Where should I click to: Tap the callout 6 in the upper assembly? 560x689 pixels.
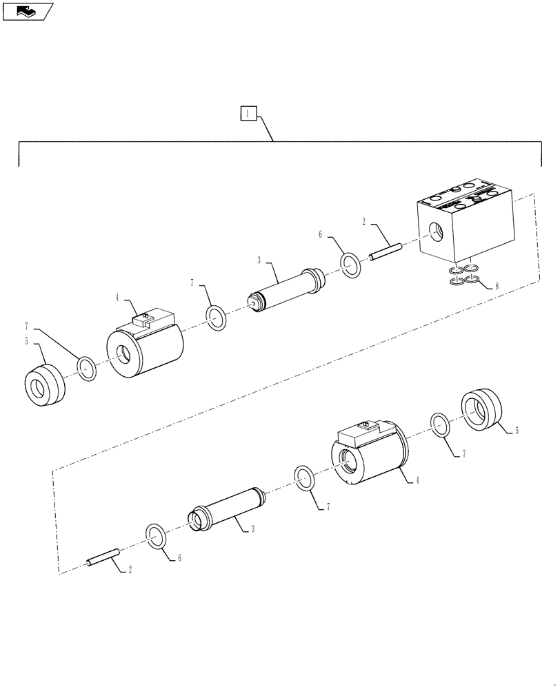pyautogui.click(x=321, y=235)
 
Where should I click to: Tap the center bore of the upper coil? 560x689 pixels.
pyautogui.click(x=126, y=355)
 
